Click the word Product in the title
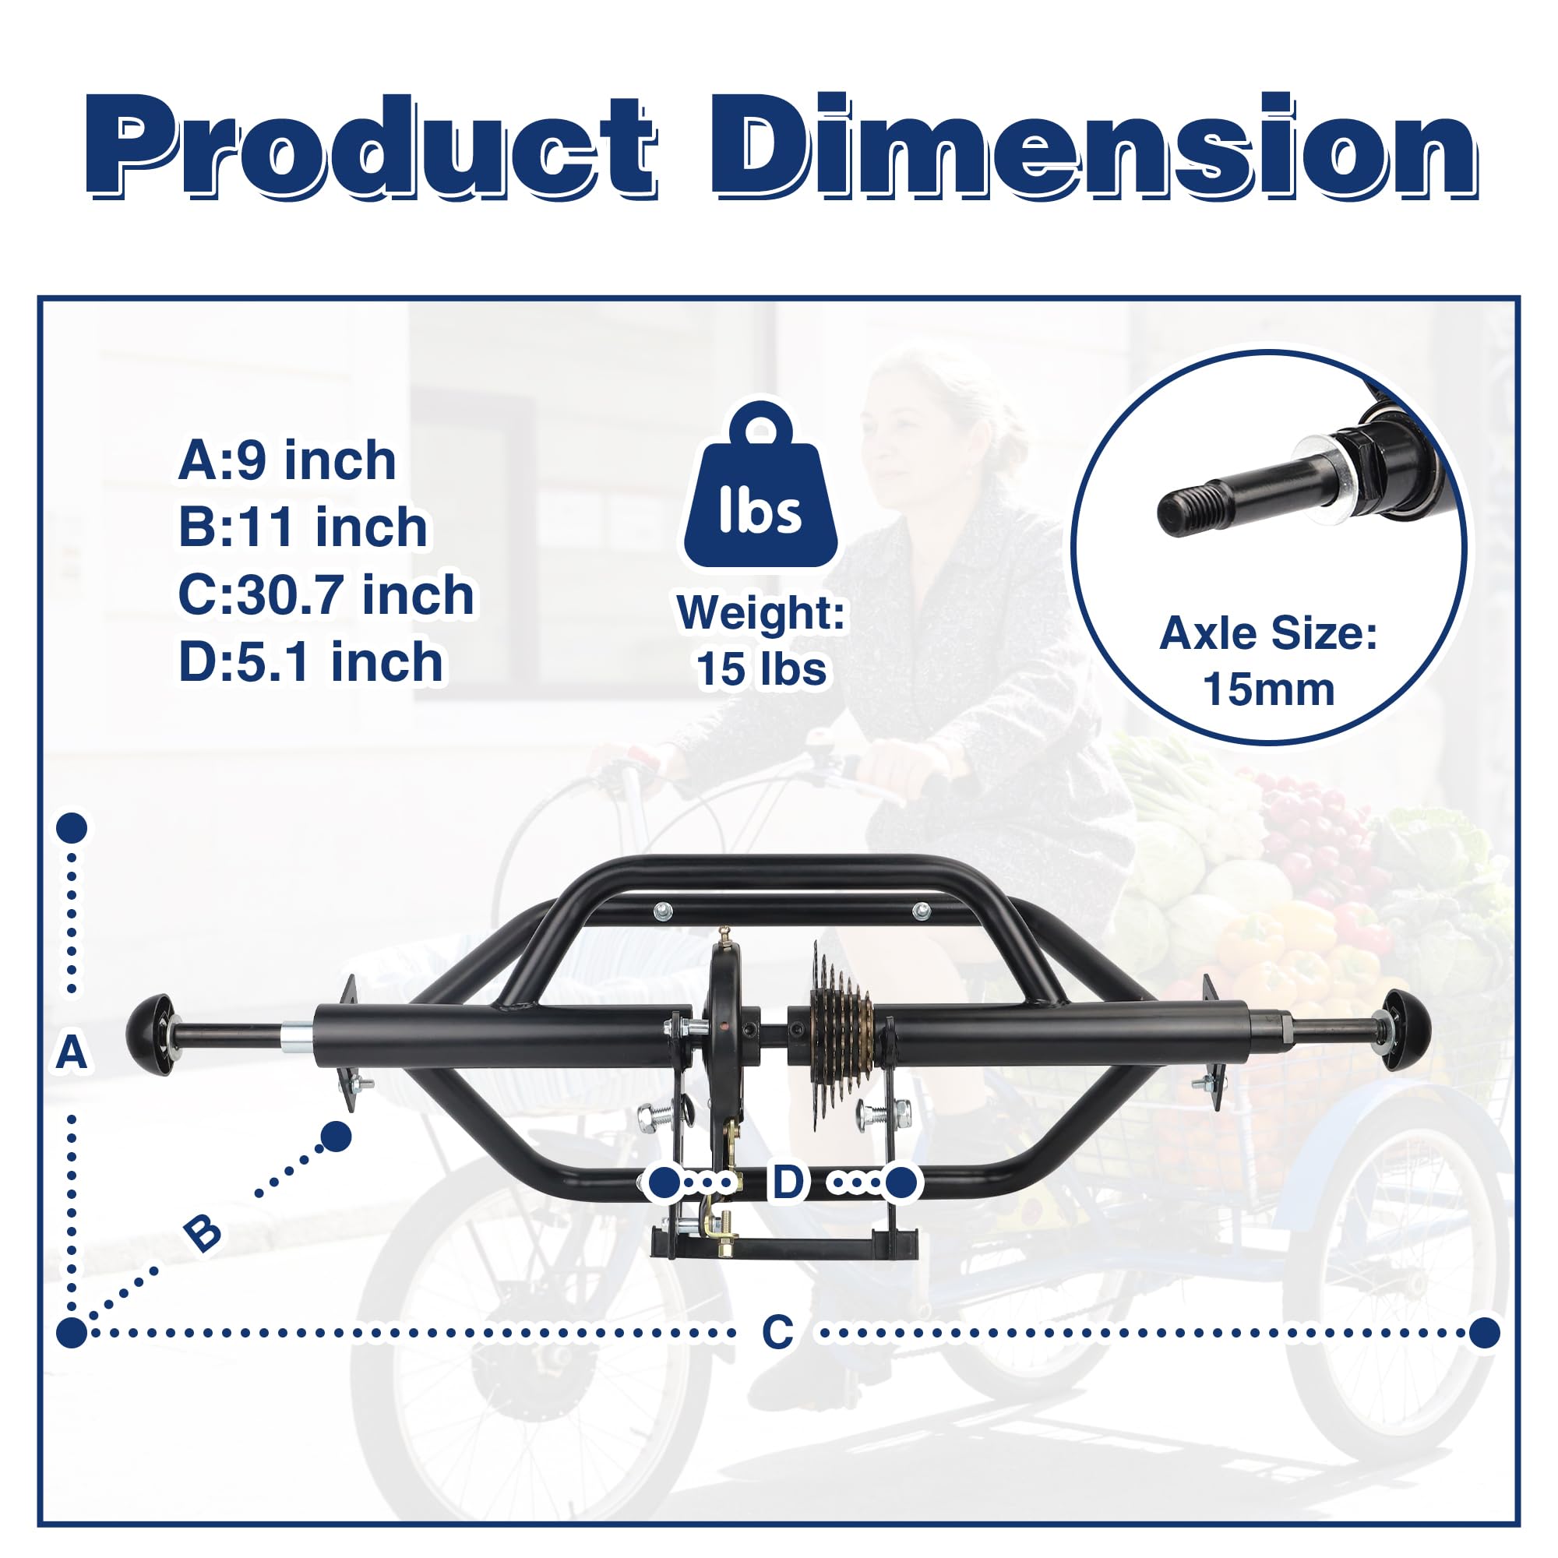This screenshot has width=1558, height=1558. (x=371, y=146)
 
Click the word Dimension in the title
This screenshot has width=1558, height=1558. (x=1093, y=146)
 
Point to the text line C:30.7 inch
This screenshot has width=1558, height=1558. (x=326, y=595)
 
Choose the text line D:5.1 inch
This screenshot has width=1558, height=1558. (x=311, y=662)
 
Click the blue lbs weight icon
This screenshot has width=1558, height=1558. (x=760, y=488)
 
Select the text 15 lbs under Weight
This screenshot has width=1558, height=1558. (x=761, y=669)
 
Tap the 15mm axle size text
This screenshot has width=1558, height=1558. (x=1268, y=690)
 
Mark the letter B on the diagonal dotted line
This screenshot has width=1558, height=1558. (x=202, y=1233)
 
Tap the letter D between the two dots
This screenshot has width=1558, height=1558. (x=788, y=1183)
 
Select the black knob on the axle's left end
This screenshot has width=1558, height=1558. (x=150, y=1035)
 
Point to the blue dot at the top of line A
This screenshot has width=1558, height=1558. (x=72, y=828)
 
